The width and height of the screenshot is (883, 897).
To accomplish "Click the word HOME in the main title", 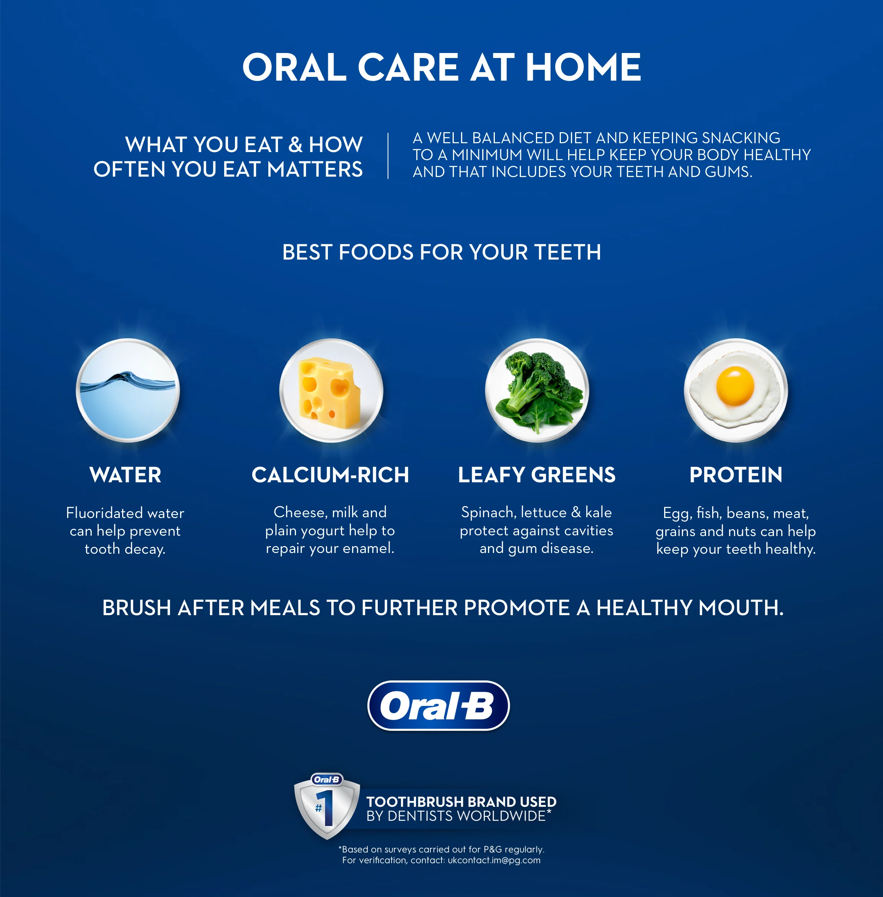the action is [583, 67].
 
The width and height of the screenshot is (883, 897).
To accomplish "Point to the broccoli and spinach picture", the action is [537, 391].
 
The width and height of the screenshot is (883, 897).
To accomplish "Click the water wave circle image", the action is [127, 390].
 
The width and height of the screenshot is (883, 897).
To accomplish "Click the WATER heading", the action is [125, 475].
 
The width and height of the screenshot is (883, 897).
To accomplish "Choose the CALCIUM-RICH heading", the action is [330, 475].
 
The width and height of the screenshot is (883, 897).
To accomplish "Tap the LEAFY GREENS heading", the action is [537, 475].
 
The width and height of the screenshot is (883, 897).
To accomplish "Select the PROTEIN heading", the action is [736, 475].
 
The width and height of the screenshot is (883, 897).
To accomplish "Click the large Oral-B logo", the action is [438, 705].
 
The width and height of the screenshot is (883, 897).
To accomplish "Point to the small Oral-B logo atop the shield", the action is [326, 779].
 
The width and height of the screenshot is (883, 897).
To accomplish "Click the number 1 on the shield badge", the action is [327, 808].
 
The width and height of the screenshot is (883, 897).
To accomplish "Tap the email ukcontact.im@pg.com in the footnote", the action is [494, 861].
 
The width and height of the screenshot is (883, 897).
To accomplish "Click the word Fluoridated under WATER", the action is [104, 513].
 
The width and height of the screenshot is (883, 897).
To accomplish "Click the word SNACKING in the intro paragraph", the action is [741, 138].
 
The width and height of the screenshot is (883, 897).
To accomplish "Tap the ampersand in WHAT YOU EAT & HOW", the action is [295, 145].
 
